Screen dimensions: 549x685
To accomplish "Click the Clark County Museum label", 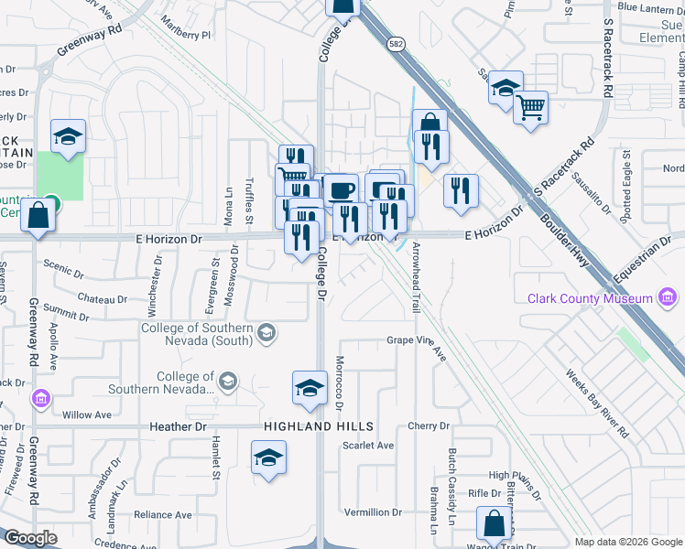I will point(590,298).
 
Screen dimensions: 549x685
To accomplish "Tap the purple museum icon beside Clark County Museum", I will point(668,298).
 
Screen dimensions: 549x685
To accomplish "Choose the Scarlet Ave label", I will point(367,446).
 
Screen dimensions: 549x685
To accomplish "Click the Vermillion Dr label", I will point(373,511).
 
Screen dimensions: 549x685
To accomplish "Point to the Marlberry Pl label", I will point(185,27).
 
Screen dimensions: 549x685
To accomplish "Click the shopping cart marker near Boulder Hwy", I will point(530,108).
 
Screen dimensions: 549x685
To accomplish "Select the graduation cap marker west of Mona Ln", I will point(68,136).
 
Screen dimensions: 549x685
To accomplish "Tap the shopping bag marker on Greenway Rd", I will point(38,216).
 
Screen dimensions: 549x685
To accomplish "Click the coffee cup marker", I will point(342,190).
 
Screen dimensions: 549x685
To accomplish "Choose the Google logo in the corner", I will point(30,538).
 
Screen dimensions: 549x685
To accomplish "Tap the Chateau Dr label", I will point(102,299).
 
